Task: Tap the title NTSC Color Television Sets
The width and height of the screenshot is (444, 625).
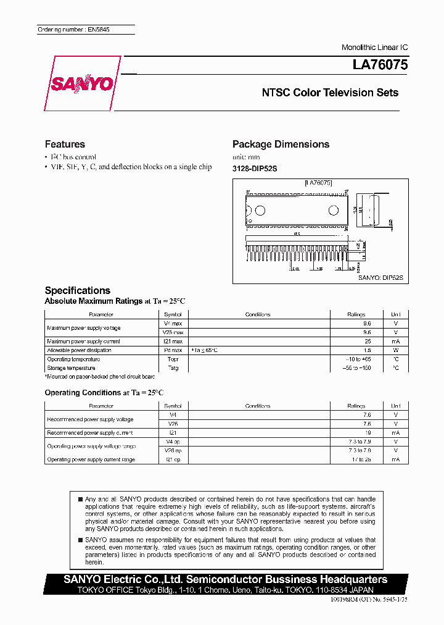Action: (x=330, y=93)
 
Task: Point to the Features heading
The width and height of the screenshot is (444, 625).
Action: (x=65, y=144)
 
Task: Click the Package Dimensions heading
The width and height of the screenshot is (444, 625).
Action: (x=281, y=144)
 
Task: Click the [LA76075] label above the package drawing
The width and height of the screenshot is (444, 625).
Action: (x=318, y=183)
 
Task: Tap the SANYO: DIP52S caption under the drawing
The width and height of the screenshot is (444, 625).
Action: (x=380, y=279)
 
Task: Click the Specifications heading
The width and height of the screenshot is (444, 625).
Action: (x=78, y=290)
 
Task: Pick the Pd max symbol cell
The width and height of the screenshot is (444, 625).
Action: (x=173, y=350)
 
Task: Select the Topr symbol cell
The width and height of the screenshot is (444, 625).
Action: (x=173, y=359)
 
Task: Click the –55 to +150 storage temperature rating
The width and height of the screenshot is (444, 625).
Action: (x=356, y=368)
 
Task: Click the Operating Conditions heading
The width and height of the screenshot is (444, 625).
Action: (x=83, y=393)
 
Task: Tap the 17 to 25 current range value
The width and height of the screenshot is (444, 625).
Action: (x=356, y=459)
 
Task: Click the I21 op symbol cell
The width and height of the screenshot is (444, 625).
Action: (x=173, y=459)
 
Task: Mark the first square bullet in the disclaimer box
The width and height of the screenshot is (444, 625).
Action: (x=80, y=498)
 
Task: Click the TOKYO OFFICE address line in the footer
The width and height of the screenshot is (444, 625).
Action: (x=226, y=590)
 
